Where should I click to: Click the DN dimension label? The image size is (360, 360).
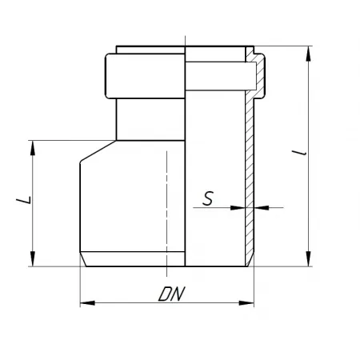tap(171, 294)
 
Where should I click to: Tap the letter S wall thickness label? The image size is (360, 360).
tap(208, 198)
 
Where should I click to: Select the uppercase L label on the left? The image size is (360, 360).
tap(24, 200)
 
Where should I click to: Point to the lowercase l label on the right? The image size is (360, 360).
tap(299, 153)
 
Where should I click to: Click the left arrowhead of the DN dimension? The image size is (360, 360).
tap(87, 303)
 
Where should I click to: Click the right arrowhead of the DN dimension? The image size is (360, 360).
tap(246, 303)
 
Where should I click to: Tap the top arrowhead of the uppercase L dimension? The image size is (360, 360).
tap(33, 148)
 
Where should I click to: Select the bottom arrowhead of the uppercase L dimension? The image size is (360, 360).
tap(33, 258)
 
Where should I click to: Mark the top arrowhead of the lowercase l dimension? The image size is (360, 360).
tap(309, 54)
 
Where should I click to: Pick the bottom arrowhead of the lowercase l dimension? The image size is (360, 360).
tap(309, 258)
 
